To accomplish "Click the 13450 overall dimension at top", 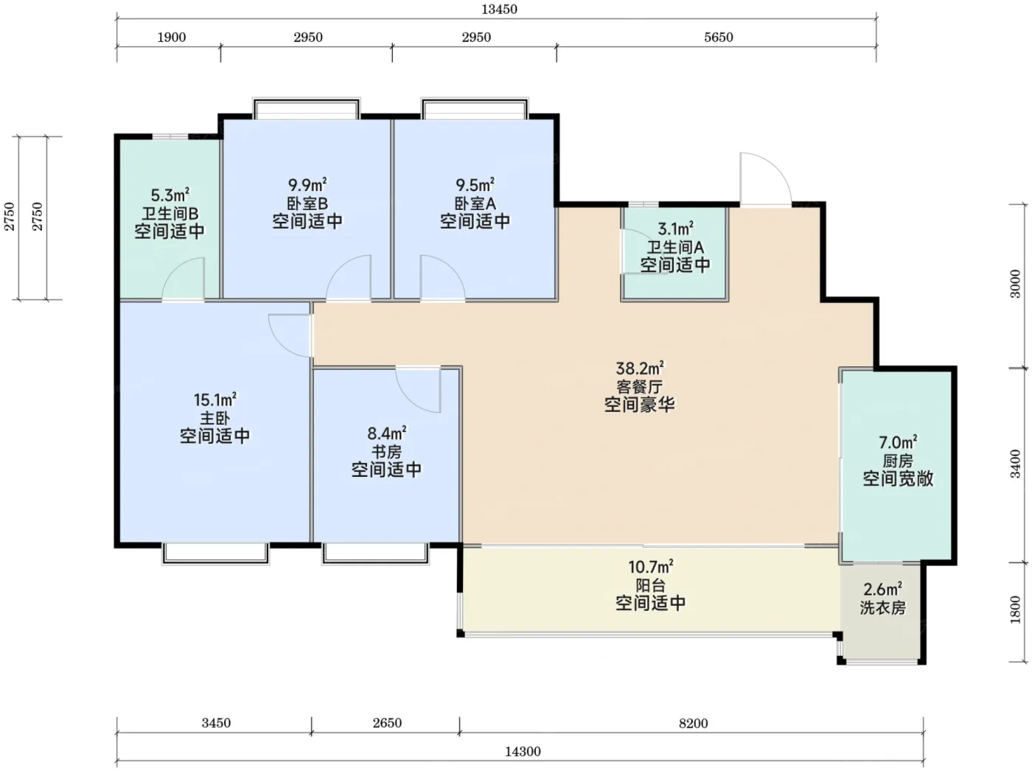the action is (x=499, y=10).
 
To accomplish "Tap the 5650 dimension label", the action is (x=719, y=37).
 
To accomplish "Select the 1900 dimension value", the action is (x=171, y=37).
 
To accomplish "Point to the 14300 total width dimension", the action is (x=523, y=751).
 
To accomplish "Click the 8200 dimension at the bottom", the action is (x=694, y=723).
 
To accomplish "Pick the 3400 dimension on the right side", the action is (x=1016, y=464).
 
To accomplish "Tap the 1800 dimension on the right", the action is (x=1016, y=610).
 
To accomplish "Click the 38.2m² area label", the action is (x=640, y=368).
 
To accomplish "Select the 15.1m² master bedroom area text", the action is (x=215, y=400).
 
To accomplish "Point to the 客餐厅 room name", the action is (x=639, y=386).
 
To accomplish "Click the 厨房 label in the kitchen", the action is (x=898, y=461).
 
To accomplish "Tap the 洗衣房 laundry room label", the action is (x=882, y=608).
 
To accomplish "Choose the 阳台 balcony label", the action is (x=651, y=585).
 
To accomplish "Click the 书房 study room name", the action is (x=386, y=451).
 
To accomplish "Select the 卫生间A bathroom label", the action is (x=675, y=247).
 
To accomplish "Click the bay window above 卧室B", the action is (x=307, y=108).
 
